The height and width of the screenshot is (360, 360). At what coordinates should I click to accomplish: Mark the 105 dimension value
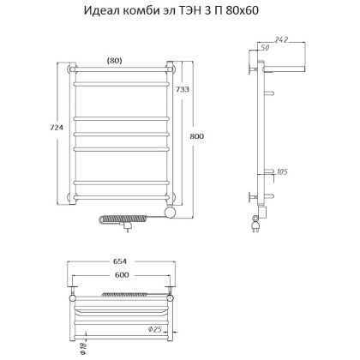pos(280,174)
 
